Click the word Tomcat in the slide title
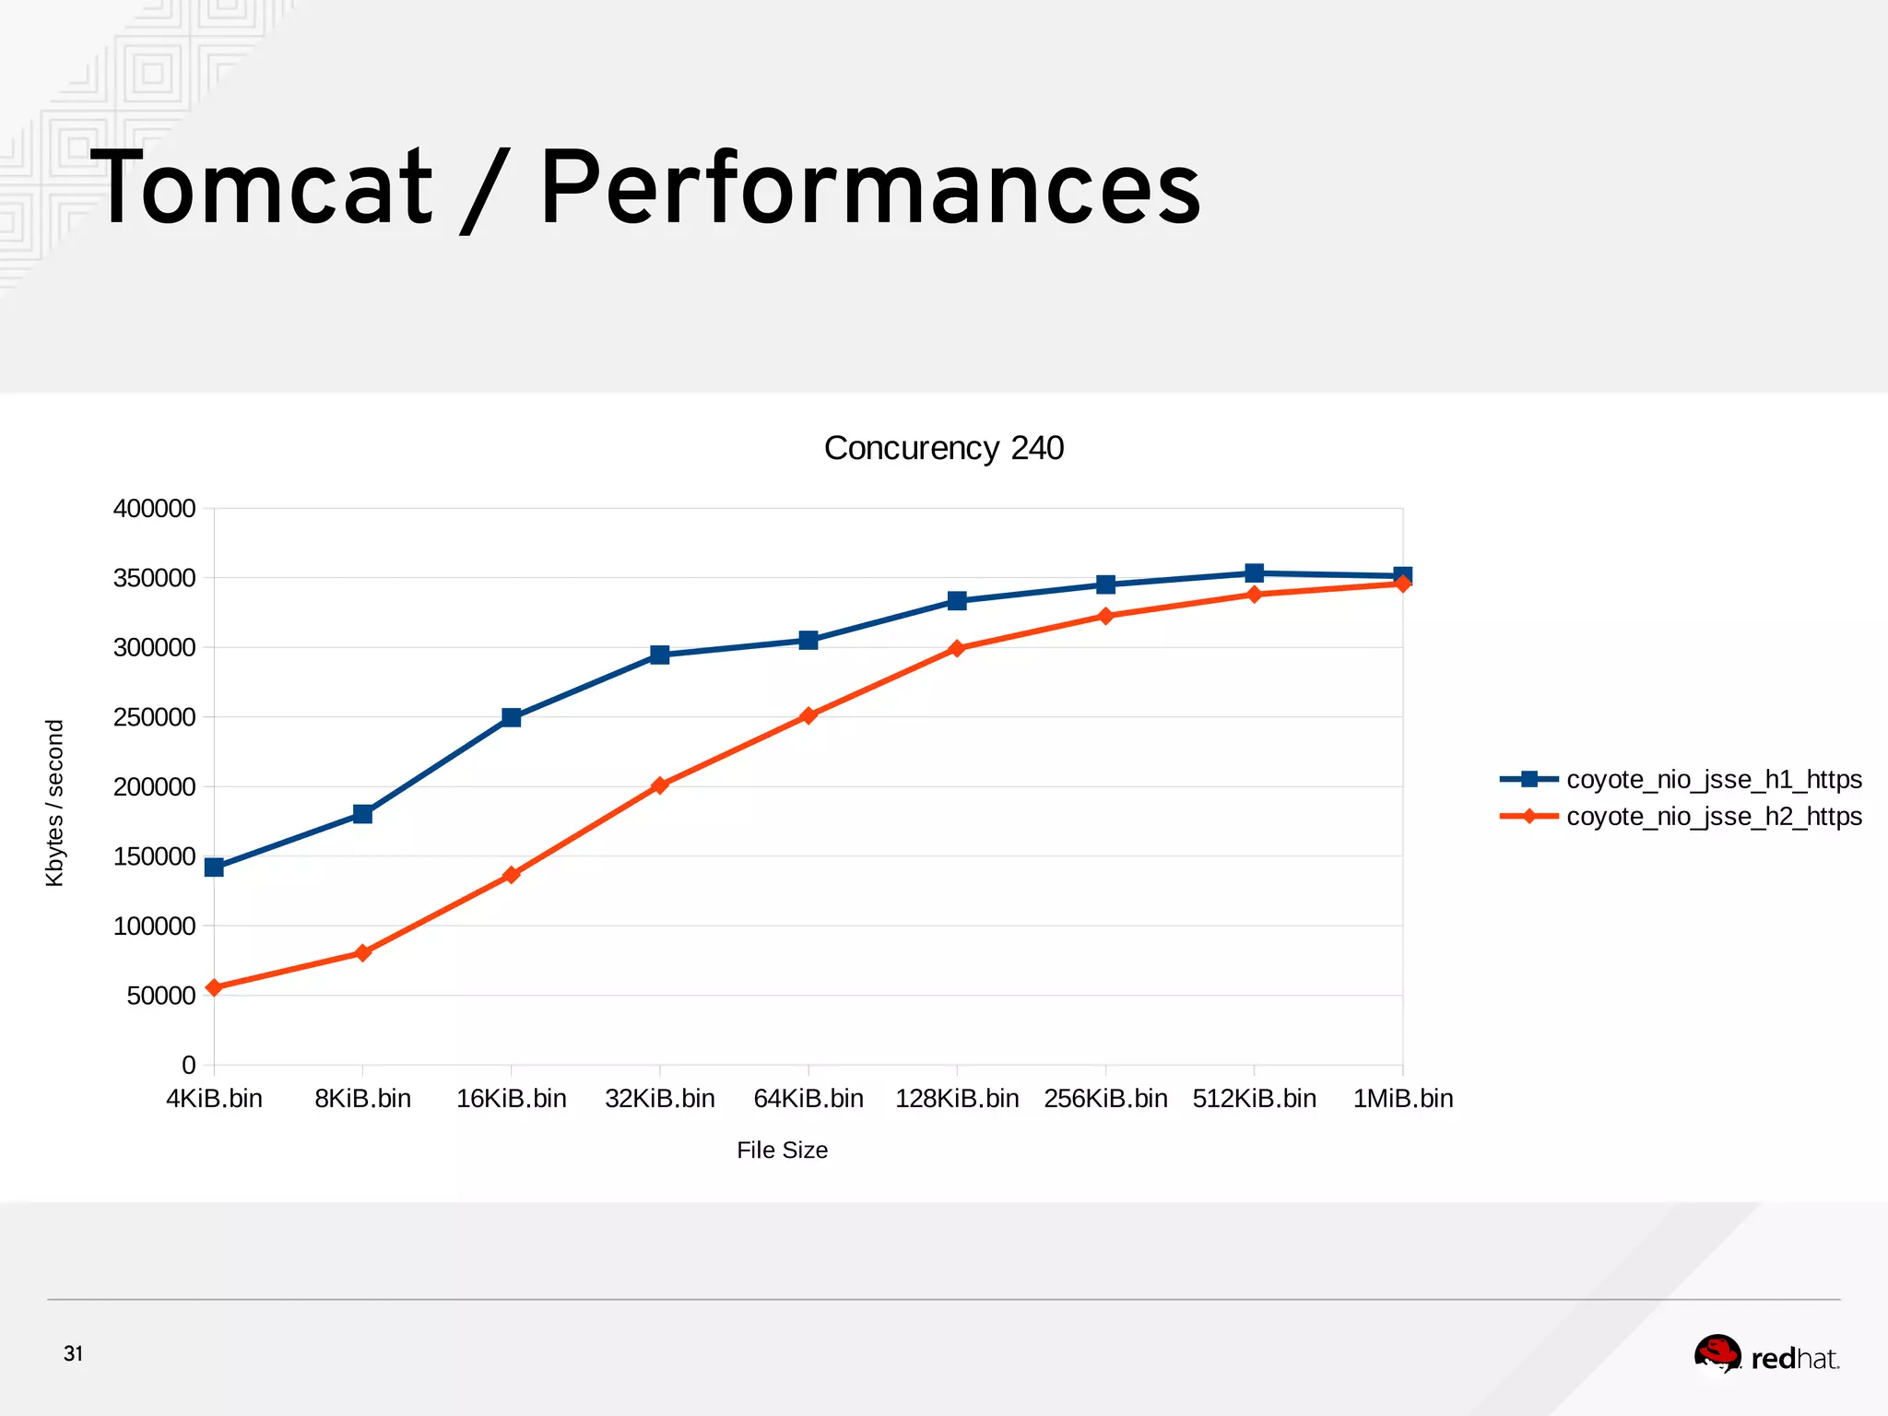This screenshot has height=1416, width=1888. point(262,189)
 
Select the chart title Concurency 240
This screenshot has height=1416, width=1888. point(943,448)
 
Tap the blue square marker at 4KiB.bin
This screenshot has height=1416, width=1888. point(214,867)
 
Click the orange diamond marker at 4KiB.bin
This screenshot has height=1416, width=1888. point(214,987)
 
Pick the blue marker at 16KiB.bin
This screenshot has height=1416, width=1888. point(512,717)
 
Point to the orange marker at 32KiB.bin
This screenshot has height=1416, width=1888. point(659,785)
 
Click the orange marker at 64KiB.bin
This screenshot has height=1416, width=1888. point(808,715)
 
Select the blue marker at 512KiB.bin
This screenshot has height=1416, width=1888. point(1254,573)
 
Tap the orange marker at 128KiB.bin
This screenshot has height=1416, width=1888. point(957,648)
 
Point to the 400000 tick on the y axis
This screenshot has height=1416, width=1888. point(154,509)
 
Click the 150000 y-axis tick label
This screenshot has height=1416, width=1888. point(154,856)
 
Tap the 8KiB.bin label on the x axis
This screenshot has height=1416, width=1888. point(362,1099)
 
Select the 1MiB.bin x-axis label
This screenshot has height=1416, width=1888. point(1402,1099)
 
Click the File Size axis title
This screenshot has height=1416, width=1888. point(782,1150)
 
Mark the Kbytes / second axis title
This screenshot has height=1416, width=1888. point(55,803)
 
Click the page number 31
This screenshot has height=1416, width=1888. point(73,1353)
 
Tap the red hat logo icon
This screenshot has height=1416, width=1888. point(1717,1355)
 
